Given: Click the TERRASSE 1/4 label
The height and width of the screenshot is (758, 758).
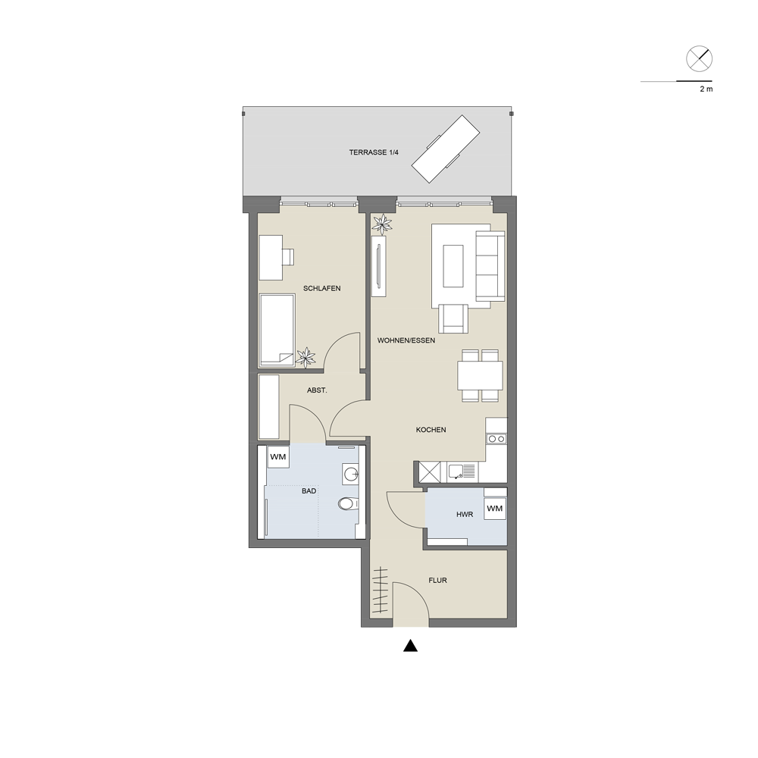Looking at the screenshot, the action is pos(374,152).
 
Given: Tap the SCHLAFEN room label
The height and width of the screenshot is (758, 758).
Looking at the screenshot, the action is pos(321,288).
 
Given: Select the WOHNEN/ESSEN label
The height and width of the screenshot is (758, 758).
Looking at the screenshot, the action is pos(406,340).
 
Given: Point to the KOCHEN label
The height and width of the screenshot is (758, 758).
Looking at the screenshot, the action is pos(431,430).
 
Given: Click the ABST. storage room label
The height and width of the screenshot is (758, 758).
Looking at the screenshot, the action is pos(317,390).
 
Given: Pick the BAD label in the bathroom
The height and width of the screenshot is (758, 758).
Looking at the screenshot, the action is pos(309,490).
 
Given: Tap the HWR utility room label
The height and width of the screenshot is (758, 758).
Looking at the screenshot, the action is pos(465,515).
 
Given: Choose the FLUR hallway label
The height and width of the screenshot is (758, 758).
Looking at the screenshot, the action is pos(437,580).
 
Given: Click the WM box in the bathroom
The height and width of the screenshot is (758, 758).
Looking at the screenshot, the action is pos(278,457).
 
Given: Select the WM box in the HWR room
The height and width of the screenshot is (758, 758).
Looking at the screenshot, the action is pos(494,509).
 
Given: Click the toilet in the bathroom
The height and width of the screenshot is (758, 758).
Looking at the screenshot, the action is pos(348,504).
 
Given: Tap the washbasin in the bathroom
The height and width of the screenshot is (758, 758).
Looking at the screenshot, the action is pos(350,473).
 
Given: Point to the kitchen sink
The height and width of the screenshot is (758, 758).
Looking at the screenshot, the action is pos(462,471).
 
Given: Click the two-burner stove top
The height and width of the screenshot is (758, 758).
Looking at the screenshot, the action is pos(496,438).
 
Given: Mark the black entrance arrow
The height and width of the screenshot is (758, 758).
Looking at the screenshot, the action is pos(410,645).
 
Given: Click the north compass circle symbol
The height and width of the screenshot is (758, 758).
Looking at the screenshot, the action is pos(699,59).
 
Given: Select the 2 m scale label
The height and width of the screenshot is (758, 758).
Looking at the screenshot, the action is pos(706,89).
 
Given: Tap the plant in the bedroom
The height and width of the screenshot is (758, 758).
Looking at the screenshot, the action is pos(305,359).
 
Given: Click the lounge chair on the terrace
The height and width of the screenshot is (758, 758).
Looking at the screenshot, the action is pos(446,149).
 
